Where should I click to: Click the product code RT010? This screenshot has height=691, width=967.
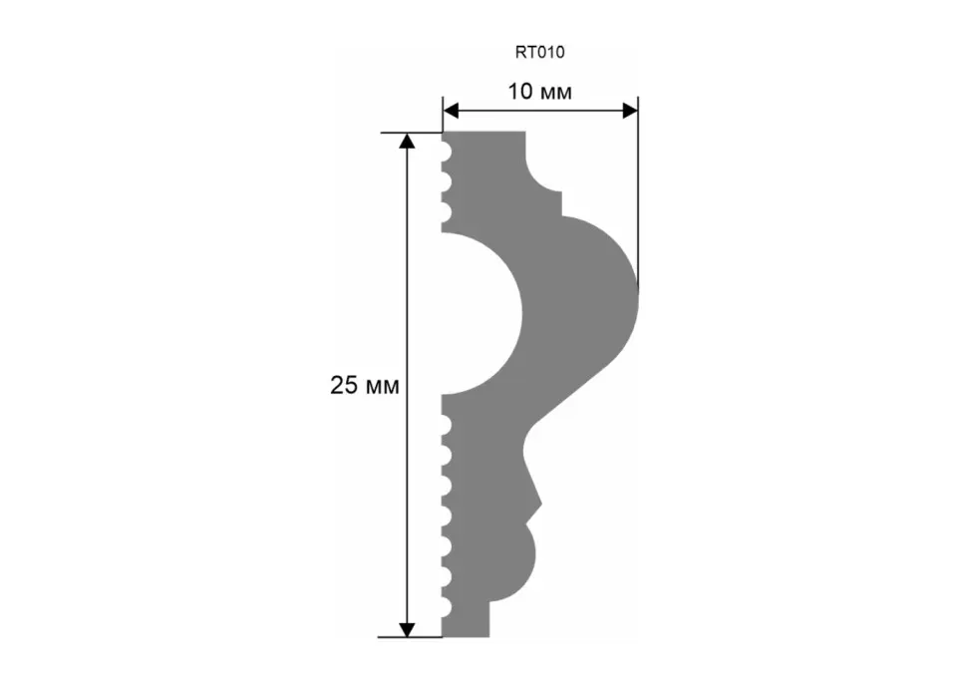(x=539, y=53)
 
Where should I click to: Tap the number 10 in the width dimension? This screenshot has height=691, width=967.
(x=519, y=92)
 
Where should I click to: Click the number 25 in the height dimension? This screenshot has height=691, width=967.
(x=344, y=385)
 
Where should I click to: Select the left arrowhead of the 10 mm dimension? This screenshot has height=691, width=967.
(x=451, y=111)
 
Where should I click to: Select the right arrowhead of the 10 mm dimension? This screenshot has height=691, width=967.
(x=630, y=111)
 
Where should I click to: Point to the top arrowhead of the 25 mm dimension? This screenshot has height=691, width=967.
(x=407, y=142)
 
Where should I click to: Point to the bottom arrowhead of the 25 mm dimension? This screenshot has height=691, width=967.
(x=407, y=629)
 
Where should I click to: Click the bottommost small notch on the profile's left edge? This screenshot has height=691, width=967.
(x=447, y=607)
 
